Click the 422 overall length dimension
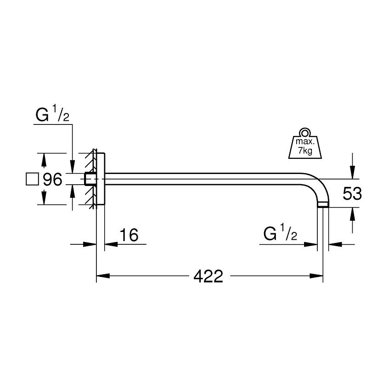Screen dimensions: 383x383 (x=208, y=276)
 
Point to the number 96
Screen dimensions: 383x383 (x=52, y=180)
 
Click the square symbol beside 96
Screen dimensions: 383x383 (x=32, y=179)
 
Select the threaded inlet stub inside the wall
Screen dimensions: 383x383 (x=90, y=179)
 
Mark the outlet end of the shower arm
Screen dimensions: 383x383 (x=322, y=205)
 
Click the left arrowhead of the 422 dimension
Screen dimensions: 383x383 (x=101, y=276)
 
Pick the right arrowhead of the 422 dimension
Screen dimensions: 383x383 (x=318, y=276)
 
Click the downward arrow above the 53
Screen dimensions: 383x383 (x=352, y=173)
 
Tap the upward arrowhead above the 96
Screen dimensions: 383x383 (x=44, y=158)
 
